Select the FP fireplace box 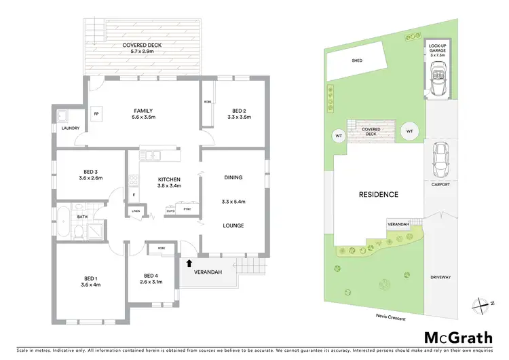point(96,113)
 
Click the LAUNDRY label point(71,128)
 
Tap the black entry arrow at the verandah point(189,262)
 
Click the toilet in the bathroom point(79,232)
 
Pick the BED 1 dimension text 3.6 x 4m point(91,284)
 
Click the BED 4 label point(151,275)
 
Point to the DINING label point(233,178)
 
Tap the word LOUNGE point(233,226)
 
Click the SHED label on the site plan point(356,60)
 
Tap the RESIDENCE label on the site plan point(378,194)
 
